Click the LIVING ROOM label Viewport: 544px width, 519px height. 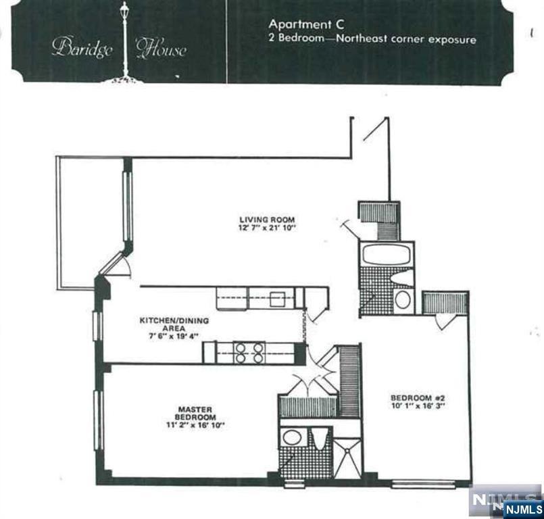pos(268,220)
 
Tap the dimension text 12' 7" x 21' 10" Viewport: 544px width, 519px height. pos(268,228)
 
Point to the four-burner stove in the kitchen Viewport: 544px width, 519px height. pos(249,353)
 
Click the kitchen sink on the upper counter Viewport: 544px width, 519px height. pos(277,298)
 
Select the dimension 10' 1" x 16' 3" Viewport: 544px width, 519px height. pos(417,407)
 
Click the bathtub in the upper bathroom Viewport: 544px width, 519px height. pos(386,255)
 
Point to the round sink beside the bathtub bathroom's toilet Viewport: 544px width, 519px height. pos(402,299)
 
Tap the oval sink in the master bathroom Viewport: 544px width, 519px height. pos(293,437)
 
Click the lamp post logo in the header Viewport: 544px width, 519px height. pos(124,41)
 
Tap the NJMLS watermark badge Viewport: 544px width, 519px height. pos(507,501)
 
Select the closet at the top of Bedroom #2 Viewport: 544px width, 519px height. pos(445,302)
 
